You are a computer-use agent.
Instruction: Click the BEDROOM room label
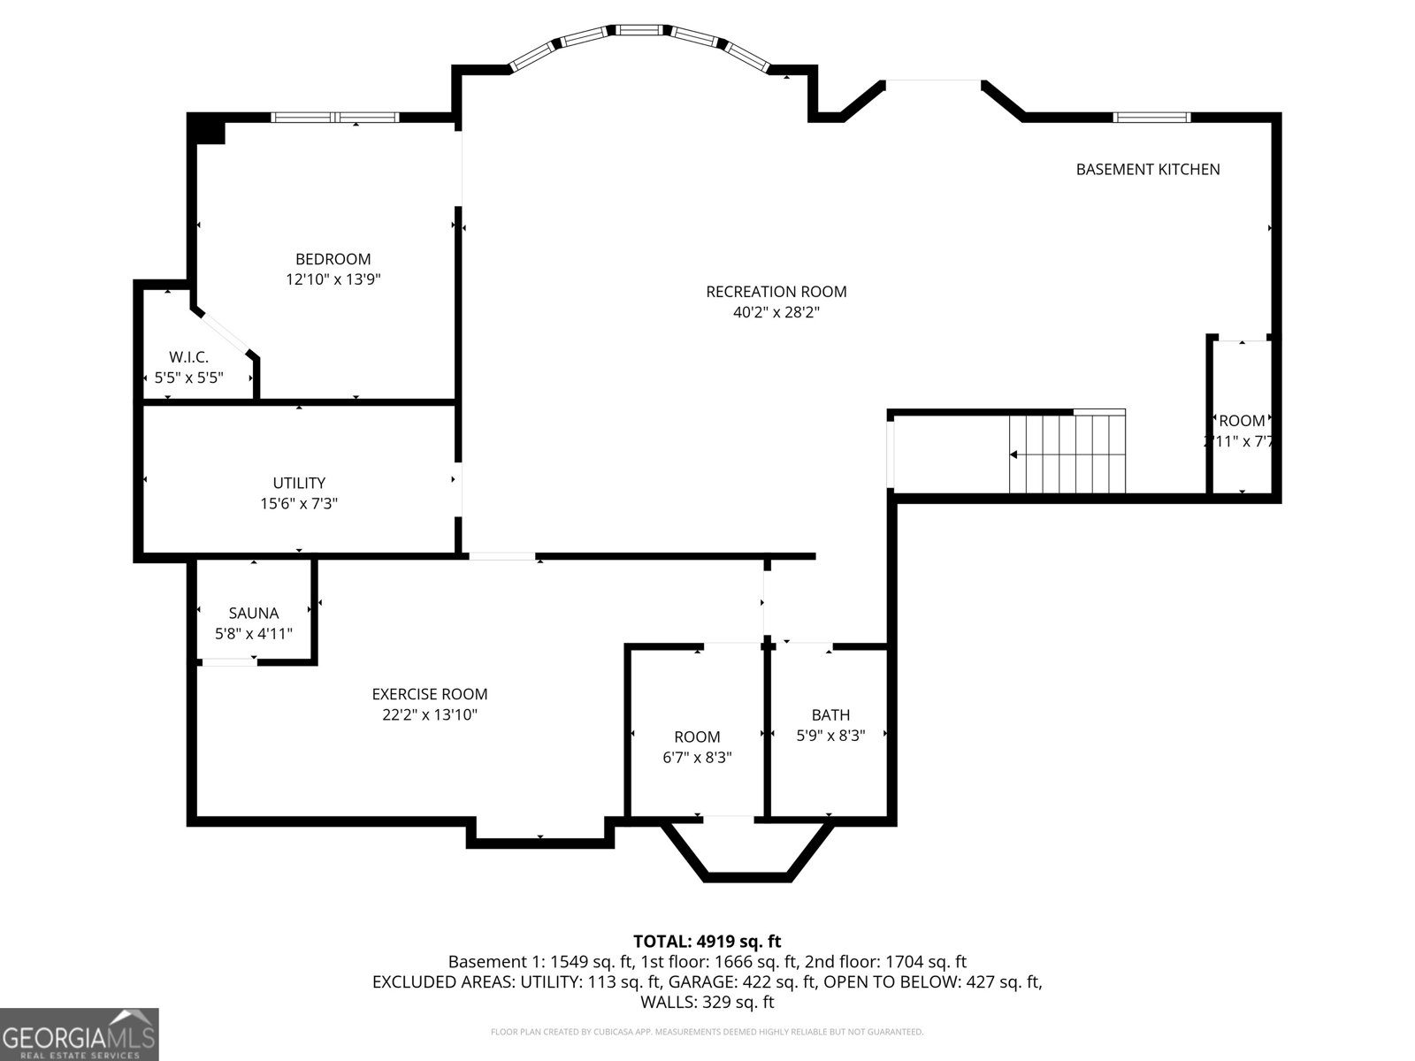333,259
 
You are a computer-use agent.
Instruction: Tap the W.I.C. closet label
188,357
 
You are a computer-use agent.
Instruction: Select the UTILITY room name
299,483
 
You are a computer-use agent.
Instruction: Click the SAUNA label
253,613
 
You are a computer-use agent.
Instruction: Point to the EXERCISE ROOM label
429,694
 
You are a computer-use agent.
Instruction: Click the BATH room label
830,714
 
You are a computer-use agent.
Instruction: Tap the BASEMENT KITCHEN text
1147,169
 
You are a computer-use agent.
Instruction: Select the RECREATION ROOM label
776,292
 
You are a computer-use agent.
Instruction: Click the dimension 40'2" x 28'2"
776,312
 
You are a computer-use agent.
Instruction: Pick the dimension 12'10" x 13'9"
333,279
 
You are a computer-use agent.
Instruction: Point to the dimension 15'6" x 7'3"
299,503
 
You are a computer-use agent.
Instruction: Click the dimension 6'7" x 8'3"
697,757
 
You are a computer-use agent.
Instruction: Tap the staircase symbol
1068,454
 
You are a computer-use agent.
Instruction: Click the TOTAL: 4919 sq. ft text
707,942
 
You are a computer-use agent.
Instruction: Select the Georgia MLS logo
79,1034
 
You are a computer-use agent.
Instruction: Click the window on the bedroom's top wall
334,117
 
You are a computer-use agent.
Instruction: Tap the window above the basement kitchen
1151,117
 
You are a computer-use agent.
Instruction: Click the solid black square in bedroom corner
210,130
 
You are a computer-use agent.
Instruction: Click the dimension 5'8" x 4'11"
253,633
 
